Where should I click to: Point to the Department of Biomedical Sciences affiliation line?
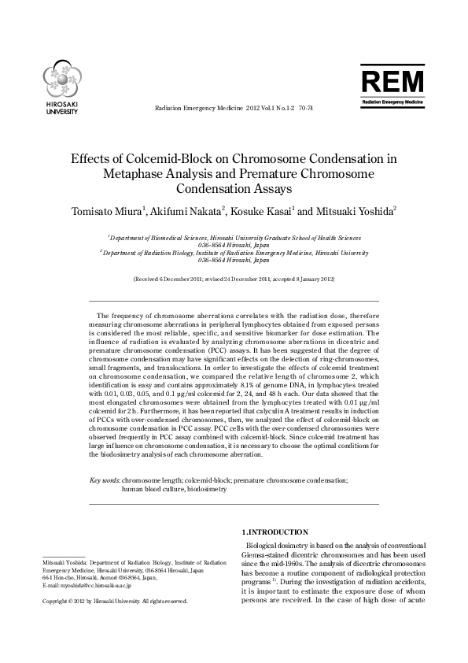[234, 237]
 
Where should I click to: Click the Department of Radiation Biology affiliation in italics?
[234, 253]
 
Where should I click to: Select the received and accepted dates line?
[234, 280]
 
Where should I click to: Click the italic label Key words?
[103, 480]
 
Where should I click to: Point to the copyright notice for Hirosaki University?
[115, 601]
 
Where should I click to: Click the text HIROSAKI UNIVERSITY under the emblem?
[61, 109]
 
